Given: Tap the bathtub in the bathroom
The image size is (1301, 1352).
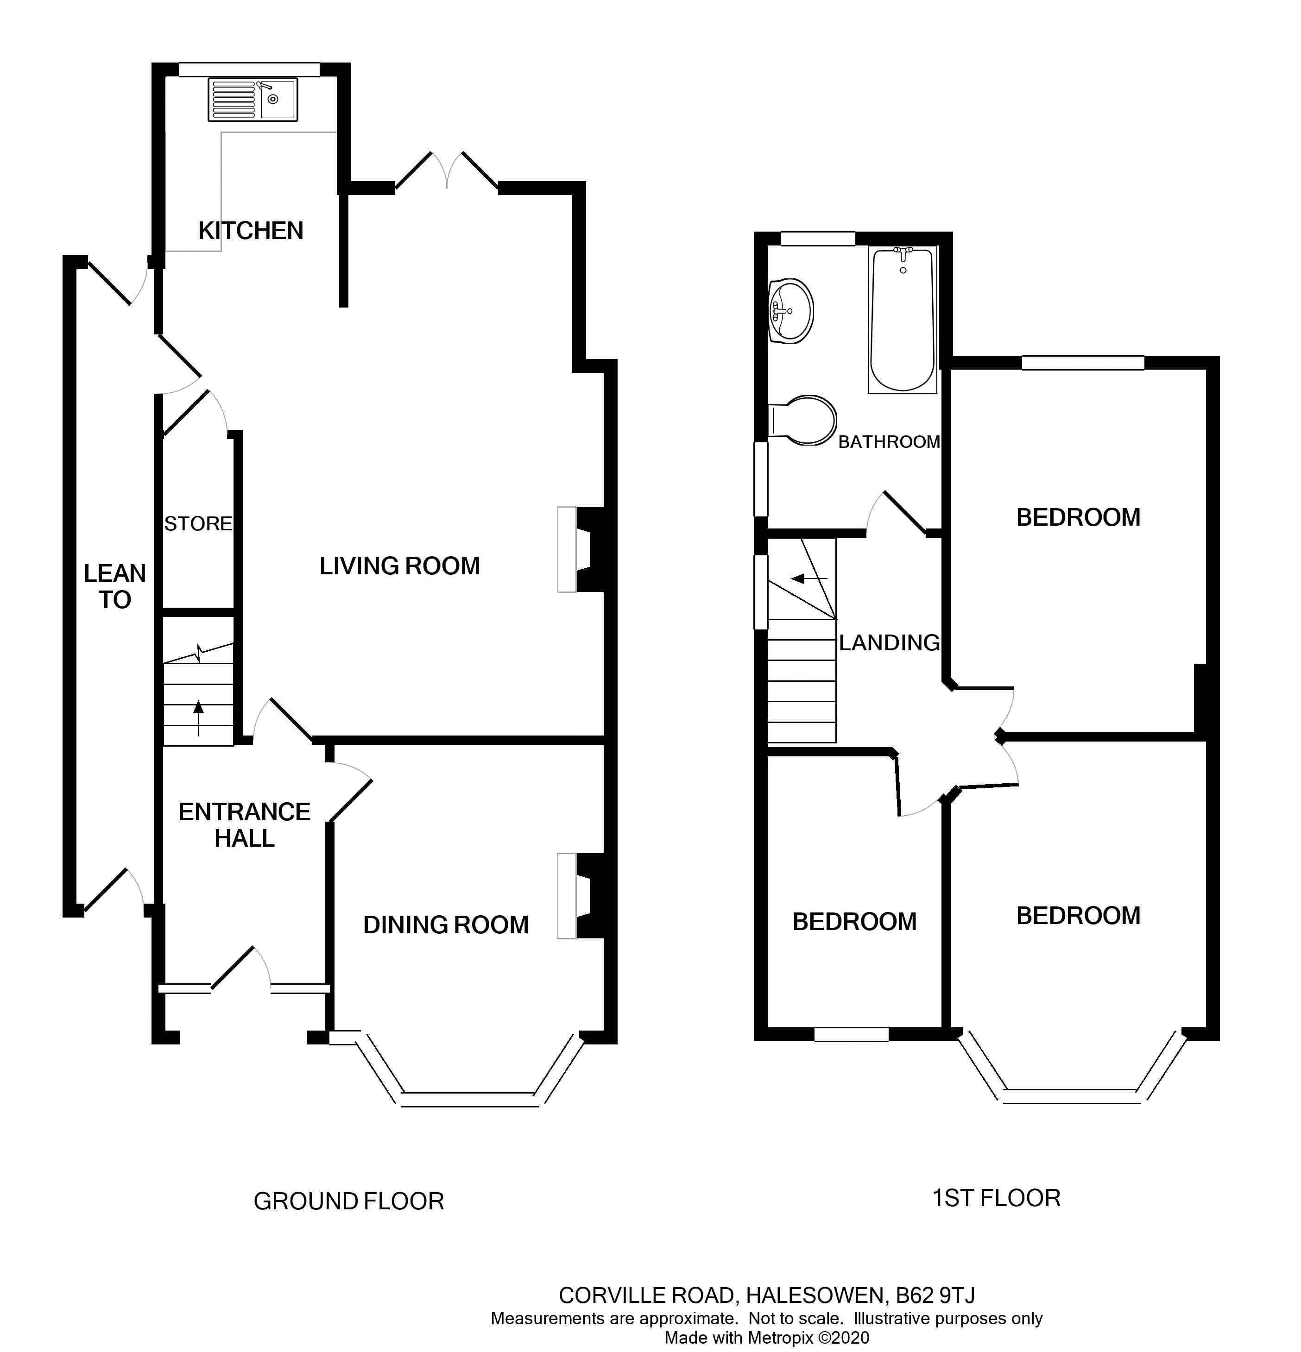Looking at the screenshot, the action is [903, 320].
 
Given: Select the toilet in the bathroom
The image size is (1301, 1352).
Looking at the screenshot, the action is [802, 420].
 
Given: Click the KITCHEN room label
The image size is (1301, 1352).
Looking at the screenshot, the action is [251, 230].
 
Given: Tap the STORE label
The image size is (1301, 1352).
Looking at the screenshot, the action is [198, 524].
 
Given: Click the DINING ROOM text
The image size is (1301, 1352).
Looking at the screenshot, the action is [446, 925].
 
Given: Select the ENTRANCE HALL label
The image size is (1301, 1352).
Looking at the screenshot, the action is [244, 825].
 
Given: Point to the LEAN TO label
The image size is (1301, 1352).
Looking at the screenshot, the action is [114, 586].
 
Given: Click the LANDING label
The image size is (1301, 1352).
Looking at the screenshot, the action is [889, 643].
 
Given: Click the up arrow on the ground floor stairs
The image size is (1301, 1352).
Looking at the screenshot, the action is [199, 717].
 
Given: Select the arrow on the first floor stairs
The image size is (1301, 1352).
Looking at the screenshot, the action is [809, 578].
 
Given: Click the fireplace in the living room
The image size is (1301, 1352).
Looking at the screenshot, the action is [581, 550].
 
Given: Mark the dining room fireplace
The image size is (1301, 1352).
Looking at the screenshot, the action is [581, 896].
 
